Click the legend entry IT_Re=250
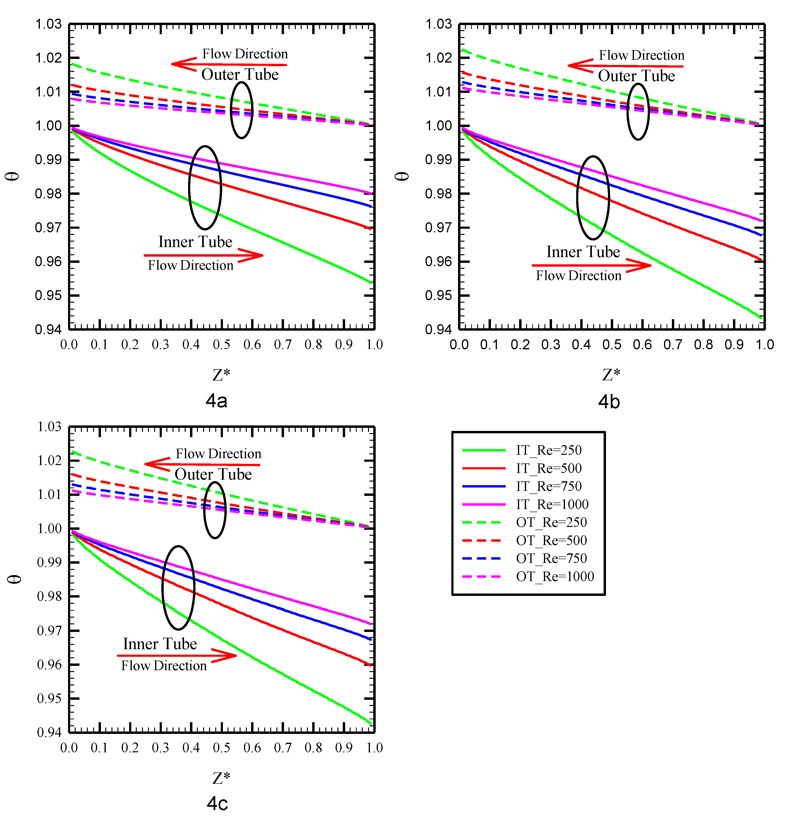(548, 450)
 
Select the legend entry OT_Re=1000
(554, 577)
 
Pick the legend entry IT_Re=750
(548, 486)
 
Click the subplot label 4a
(216, 401)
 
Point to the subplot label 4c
(217, 804)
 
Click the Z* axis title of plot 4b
(611, 375)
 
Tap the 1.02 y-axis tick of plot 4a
(48, 58)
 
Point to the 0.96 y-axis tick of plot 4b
(438, 262)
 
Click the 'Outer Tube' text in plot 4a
(240, 74)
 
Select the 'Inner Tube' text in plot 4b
(583, 252)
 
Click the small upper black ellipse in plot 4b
(638, 111)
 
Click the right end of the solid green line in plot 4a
(371, 283)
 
